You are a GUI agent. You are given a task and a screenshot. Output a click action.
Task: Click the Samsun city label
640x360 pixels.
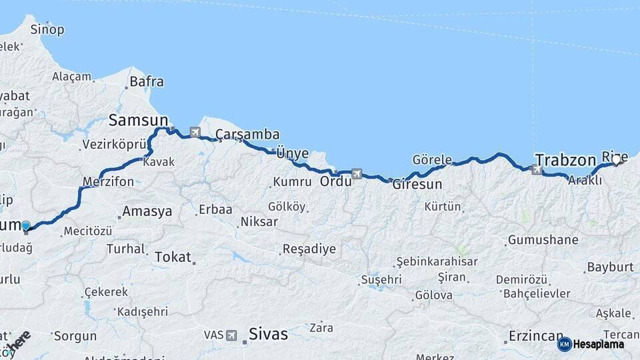pos(138,120)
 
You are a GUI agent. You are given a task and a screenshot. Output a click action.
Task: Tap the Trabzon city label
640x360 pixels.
pos(565,160)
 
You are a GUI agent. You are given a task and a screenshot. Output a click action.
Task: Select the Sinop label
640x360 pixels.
pos(48,29)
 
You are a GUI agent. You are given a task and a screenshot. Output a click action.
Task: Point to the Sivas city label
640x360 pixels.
pos(268,333)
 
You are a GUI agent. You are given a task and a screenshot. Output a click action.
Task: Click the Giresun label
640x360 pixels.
pos(417,185)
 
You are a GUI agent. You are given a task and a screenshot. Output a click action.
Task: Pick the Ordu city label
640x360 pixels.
pos(335,181)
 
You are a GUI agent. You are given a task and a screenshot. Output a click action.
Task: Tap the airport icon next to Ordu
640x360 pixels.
pos(357,174)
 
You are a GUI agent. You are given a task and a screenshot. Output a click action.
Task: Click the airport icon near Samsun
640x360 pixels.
pos(195,133)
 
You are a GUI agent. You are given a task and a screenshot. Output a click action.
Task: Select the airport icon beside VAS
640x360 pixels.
pos(231,335)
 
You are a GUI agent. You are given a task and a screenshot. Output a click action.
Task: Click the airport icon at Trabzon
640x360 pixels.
pos(537,171)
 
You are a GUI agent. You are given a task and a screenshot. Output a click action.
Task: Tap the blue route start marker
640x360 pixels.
pos(26,226)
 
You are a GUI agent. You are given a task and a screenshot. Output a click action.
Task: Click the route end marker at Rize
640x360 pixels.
pos(618,160)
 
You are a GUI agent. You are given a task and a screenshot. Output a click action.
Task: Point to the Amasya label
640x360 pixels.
pos(147,211)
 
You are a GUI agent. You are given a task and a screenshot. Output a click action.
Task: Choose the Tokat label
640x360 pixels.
pos(173,257)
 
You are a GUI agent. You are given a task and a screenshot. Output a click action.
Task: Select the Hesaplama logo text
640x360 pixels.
pos(599,344)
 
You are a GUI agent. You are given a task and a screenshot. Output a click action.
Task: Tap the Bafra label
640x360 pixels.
pos(147,82)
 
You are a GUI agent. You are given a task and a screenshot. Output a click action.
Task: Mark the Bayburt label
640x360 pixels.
pos(610,267)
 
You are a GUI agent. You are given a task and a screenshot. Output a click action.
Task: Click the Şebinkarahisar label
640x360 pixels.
pos(437,261)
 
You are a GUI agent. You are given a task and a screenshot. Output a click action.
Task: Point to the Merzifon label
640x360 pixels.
pos(108,181)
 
